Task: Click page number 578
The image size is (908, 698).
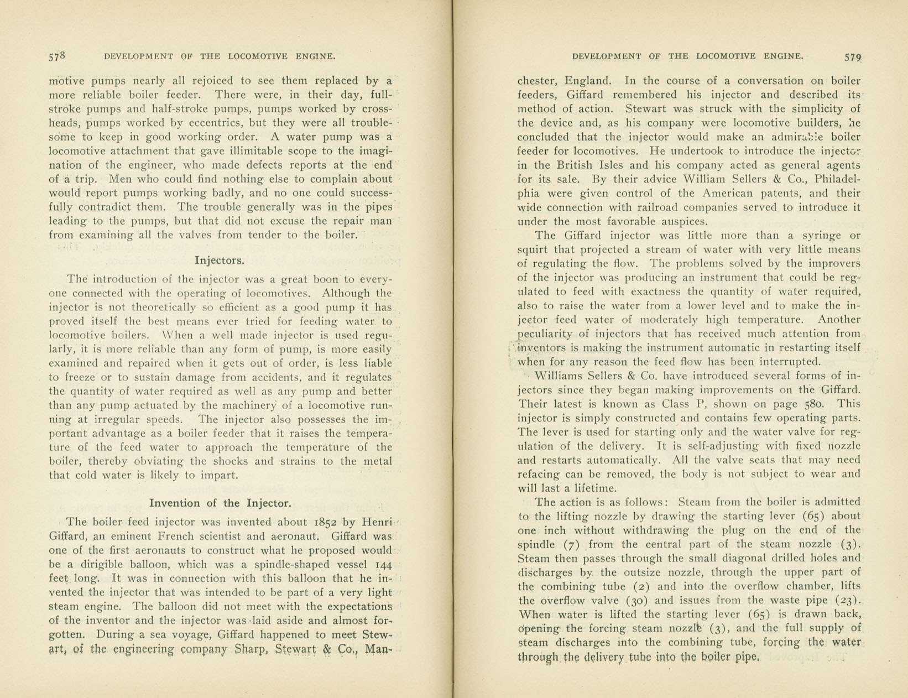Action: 58,56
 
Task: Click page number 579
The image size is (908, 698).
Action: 852,56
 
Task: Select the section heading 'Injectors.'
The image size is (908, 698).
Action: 220,260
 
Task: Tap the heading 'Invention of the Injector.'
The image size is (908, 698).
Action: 220,503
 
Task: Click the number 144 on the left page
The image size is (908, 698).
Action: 383,564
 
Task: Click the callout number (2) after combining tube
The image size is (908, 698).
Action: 641,586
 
